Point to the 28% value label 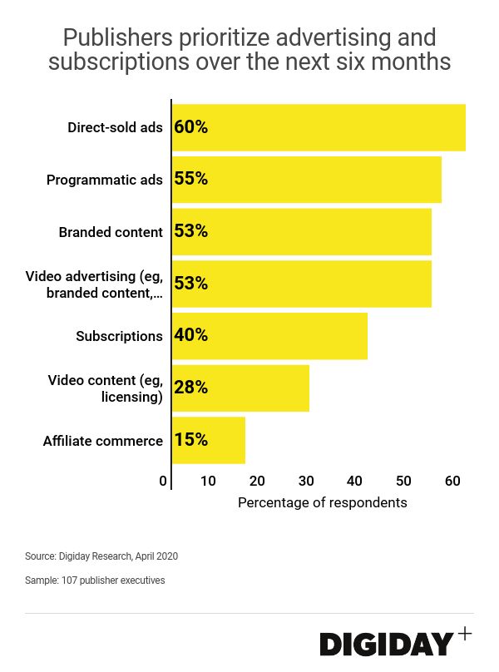click(x=190, y=388)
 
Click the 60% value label click(x=190, y=127)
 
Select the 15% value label click(x=190, y=440)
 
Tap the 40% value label click(x=190, y=336)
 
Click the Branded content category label click(x=111, y=232)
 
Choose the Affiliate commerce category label click(x=103, y=441)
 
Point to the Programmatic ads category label click(x=105, y=180)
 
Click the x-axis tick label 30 click(x=306, y=481)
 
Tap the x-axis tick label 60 click(x=452, y=481)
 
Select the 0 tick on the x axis click(x=163, y=481)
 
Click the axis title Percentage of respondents click(x=323, y=502)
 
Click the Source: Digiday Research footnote click(x=101, y=556)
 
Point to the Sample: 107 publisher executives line click(x=95, y=581)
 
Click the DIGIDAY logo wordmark click(x=387, y=644)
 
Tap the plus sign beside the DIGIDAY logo click(x=465, y=634)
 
